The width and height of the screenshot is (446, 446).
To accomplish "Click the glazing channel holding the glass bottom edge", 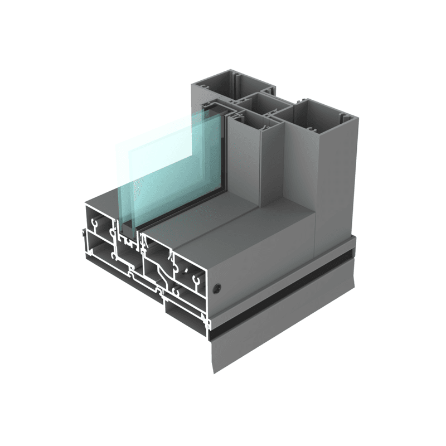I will pos(129,237).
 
